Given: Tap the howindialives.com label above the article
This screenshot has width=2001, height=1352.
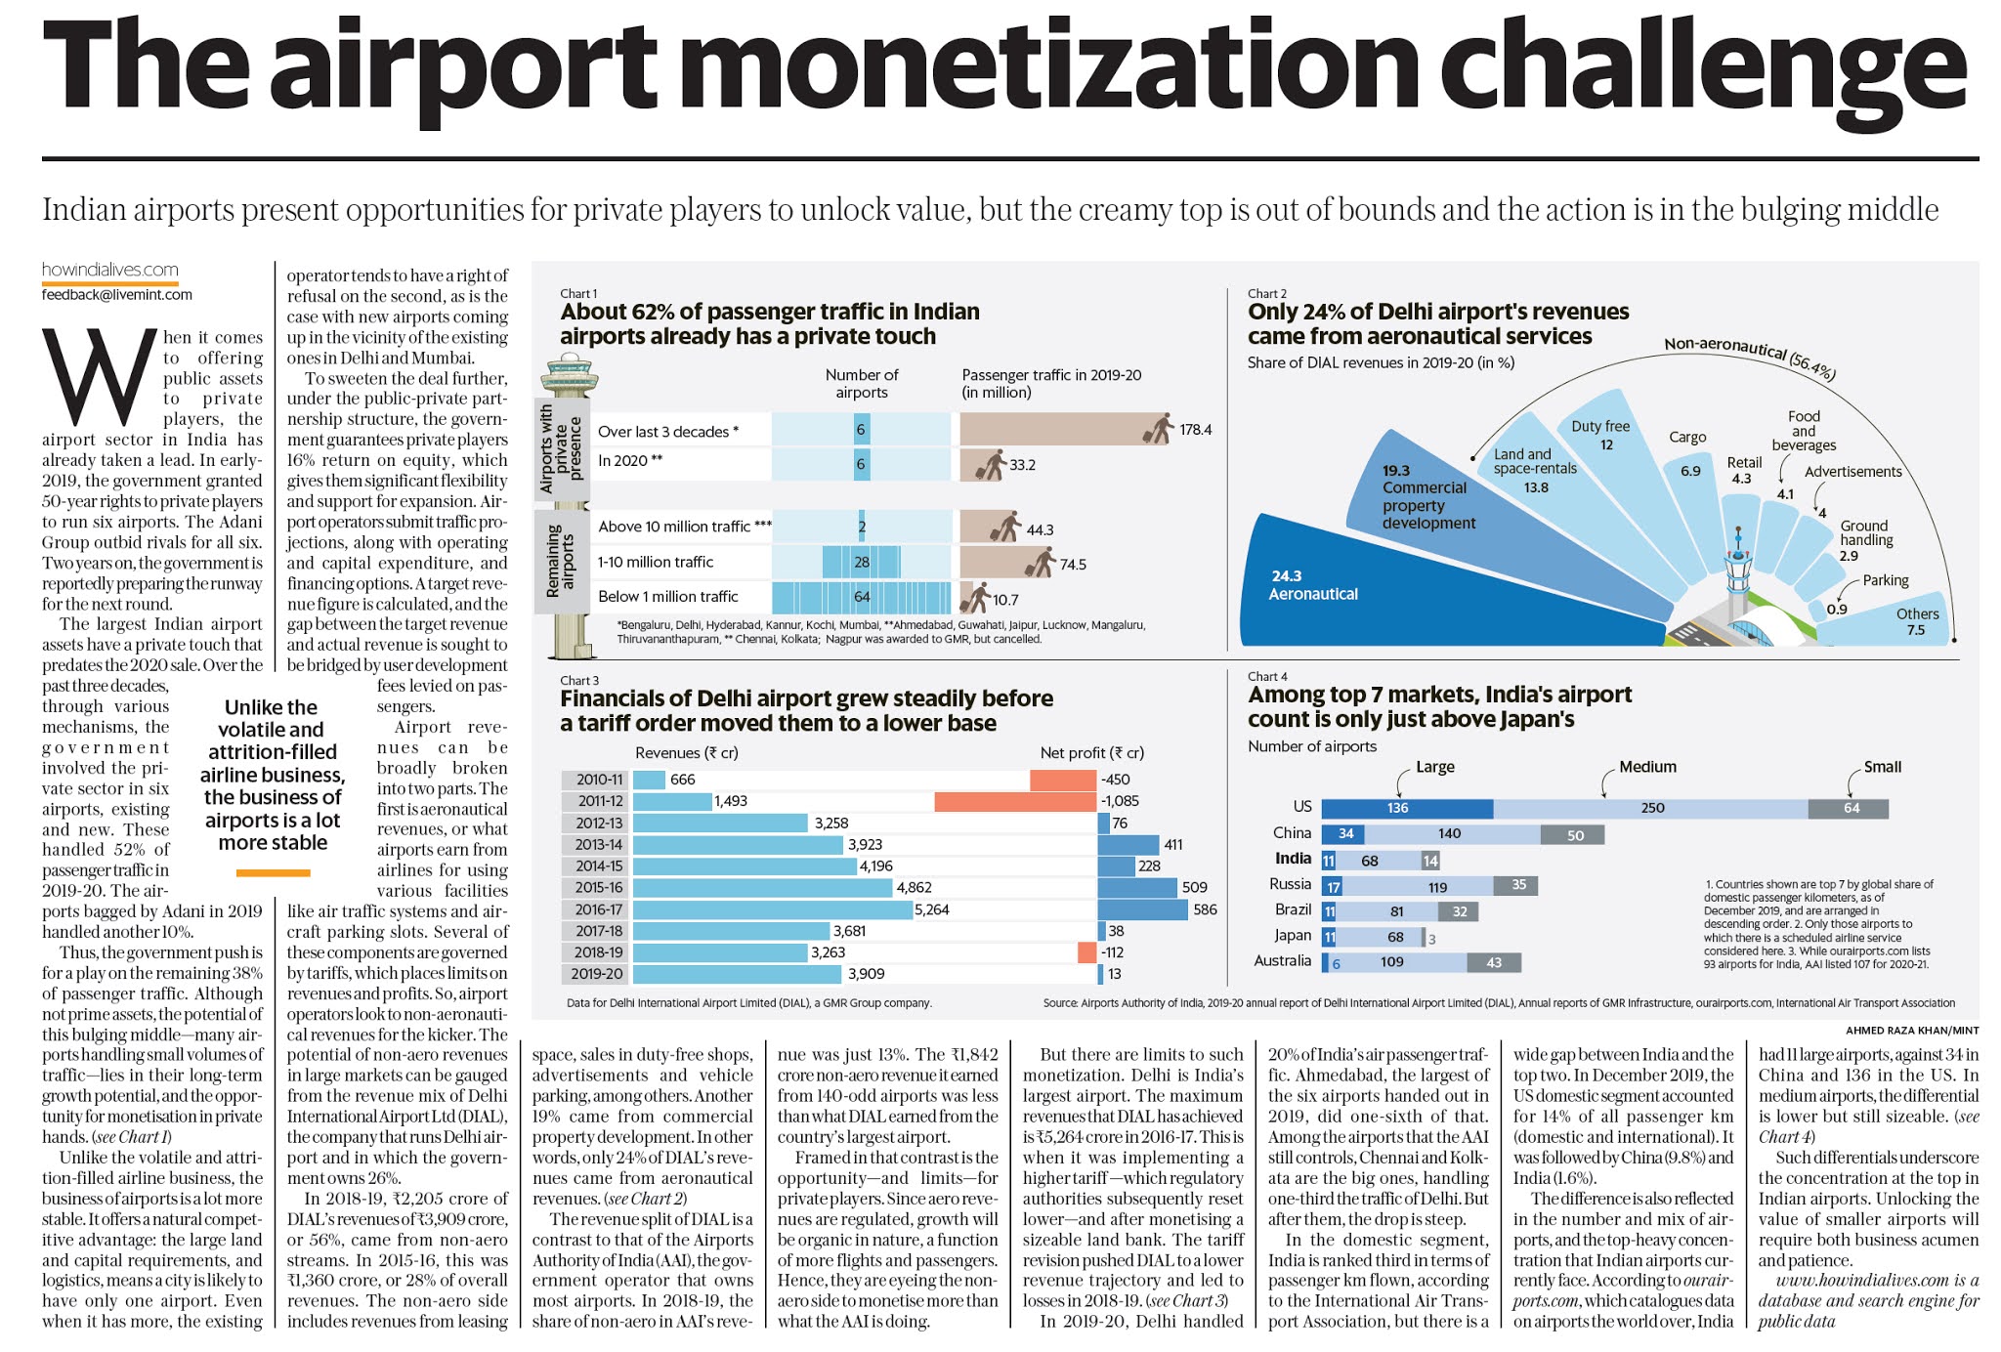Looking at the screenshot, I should pos(109,270).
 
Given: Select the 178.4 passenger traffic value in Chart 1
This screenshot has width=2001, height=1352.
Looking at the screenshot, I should pos(1195,430).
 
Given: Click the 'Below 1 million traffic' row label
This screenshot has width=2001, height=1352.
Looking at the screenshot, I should pos(667,596).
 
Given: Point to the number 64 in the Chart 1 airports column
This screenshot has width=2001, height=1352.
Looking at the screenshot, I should pos(861,597).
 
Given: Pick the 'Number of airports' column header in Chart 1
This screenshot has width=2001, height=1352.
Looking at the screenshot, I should pos(861,383).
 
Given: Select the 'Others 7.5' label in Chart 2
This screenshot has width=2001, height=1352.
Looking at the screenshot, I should pos(1916,621).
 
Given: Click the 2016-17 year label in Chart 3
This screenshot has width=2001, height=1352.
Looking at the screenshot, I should pos(598,909).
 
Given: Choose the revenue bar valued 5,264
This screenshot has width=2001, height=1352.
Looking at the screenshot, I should pos(772,909).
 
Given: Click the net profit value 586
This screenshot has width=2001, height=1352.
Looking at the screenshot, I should pos(1205,909).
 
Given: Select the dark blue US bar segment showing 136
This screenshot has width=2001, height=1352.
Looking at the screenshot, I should pos(1406,808).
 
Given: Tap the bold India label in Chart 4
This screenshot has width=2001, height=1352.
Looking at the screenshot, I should pos(1293,859).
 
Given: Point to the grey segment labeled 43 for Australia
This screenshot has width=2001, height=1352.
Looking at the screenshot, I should pos(1493,962).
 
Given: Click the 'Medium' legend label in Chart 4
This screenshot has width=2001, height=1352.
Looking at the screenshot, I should pos(1647,767).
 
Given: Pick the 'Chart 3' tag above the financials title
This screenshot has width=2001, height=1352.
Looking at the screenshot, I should pos(579,681).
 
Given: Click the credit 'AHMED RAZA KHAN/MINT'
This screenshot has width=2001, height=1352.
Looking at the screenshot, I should pos(1911,1030).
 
